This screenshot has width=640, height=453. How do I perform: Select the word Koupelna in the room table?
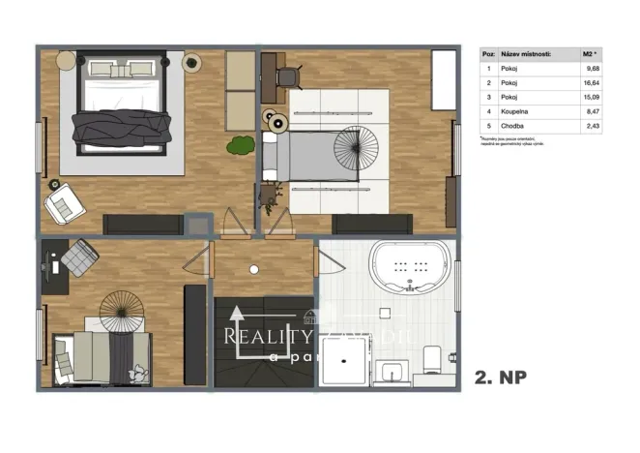[515, 112]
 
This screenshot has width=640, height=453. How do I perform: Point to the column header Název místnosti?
[527, 54]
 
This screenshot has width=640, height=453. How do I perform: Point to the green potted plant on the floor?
[240, 146]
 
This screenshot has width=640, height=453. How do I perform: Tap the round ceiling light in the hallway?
[253, 270]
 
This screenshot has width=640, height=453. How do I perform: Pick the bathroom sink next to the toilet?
[391, 370]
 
